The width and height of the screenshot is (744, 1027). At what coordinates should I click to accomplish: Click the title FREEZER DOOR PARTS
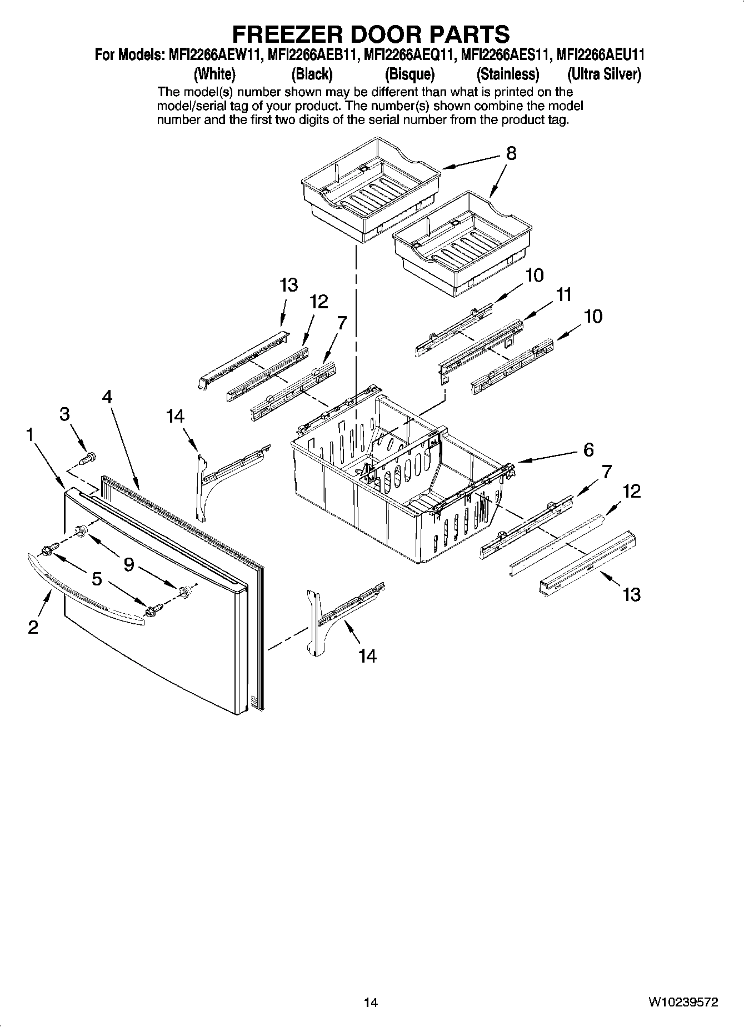point(370,34)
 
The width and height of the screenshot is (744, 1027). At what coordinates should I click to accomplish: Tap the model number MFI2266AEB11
point(312,56)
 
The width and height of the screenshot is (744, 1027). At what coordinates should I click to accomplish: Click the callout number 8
point(511,153)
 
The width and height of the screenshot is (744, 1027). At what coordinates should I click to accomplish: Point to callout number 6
point(588,449)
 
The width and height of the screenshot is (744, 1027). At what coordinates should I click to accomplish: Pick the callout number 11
point(564,295)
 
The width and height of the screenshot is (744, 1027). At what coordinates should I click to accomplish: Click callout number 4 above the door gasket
point(107,397)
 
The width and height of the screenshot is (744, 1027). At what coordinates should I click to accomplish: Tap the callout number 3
point(65,414)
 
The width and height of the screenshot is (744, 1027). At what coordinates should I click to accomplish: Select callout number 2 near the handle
point(33,627)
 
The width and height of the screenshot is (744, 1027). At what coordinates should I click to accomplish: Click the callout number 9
point(128,565)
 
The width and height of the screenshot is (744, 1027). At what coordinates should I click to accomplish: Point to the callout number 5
point(97,579)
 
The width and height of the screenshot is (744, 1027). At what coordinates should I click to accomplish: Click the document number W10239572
point(682,1002)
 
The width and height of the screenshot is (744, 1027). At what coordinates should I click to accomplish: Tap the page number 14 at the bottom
point(371,1003)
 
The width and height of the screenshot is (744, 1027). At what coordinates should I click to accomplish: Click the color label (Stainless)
point(507,74)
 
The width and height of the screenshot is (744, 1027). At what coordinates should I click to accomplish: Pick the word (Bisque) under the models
point(410,74)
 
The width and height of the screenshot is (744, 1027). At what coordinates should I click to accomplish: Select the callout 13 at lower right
point(631,595)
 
